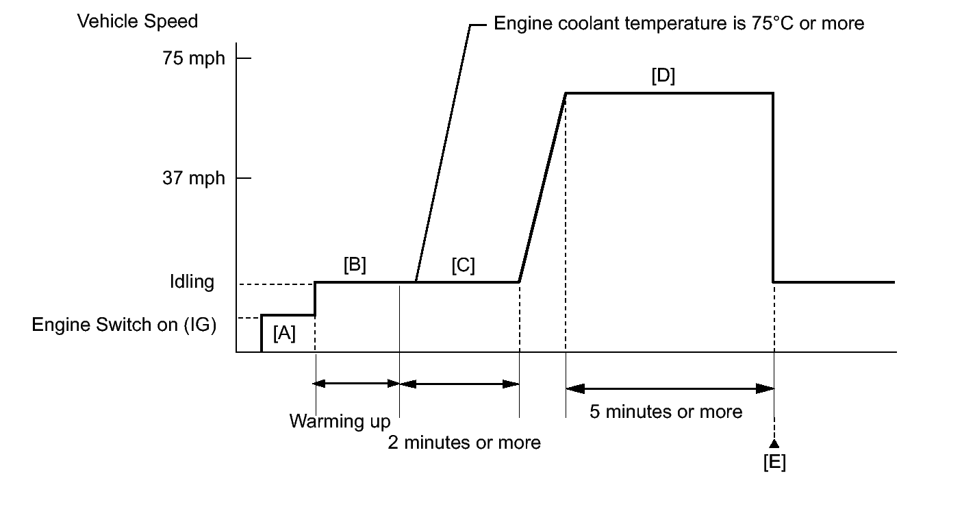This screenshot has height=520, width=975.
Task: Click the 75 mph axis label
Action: [x=194, y=58]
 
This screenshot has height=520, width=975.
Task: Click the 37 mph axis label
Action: [x=194, y=178]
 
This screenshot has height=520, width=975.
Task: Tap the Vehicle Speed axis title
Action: [x=138, y=22]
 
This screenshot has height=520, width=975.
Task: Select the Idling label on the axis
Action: [x=192, y=282]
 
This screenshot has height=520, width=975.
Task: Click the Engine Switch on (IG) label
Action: [x=124, y=325]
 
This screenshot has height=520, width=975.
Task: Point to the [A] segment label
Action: [x=284, y=334]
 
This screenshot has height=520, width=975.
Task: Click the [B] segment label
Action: [x=355, y=265]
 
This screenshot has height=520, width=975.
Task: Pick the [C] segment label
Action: [x=463, y=265]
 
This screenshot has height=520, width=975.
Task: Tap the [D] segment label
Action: [x=663, y=76]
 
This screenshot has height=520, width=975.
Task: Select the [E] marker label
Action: [x=774, y=462]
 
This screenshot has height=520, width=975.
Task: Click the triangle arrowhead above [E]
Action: [x=774, y=444]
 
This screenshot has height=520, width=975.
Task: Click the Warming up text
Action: [x=340, y=421]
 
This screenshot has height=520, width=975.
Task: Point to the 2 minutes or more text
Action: [x=464, y=443]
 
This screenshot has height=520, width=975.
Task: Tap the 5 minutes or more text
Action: [x=666, y=412]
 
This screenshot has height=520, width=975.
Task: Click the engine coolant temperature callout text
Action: [x=679, y=24]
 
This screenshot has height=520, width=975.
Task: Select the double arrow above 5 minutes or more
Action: [x=670, y=388]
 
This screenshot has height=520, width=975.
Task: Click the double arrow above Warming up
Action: [x=357, y=384]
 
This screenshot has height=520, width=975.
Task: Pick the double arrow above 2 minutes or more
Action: [x=459, y=384]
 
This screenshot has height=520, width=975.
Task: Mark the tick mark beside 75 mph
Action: [x=244, y=58]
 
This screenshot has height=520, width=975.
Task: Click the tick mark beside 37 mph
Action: [x=244, y=178]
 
